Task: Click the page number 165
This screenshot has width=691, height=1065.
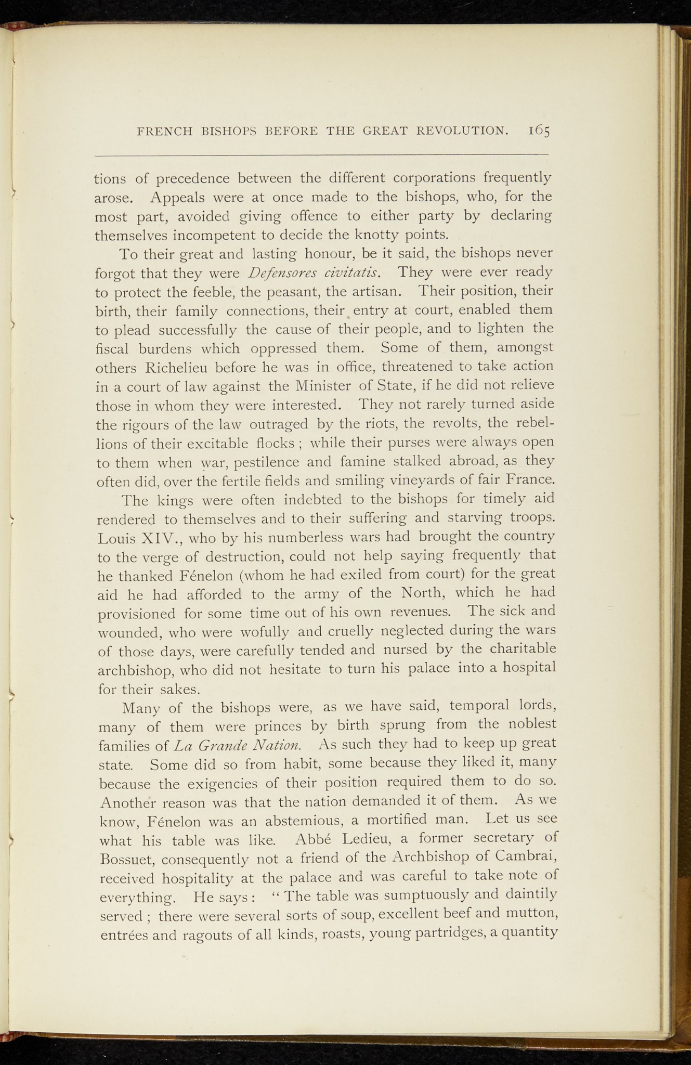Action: click(x=539, y=130)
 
